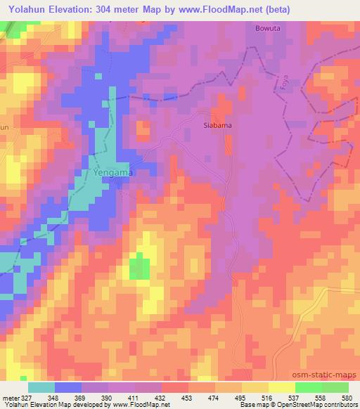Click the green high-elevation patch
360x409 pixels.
[x=140, y=268]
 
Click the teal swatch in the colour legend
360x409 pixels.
[x=41, y=387]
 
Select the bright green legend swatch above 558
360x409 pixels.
[x=309, y=387]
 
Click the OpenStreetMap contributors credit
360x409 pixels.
[x=319, y=405]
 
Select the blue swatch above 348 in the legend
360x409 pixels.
[x=68, y=387]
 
